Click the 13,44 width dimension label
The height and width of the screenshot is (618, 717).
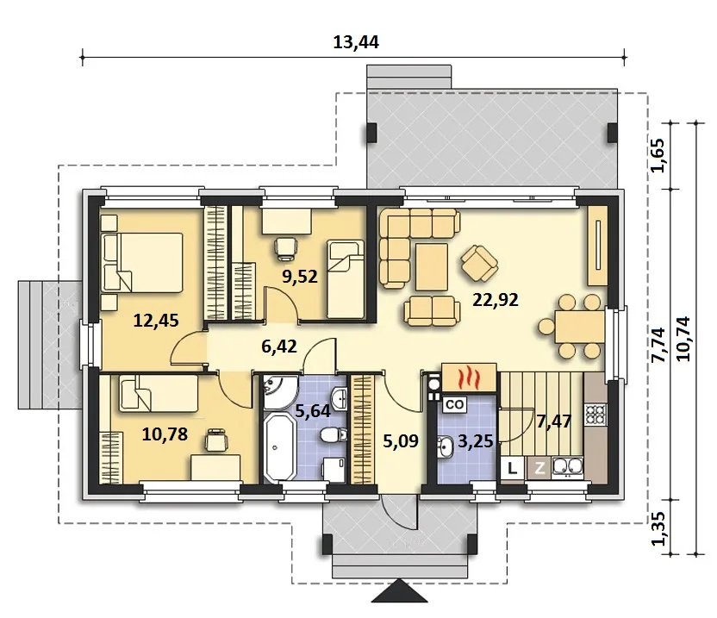(356, 42)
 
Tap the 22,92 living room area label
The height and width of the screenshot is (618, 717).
(496, 300)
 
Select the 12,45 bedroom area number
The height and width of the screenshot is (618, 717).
(156, 321)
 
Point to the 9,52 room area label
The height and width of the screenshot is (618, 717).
(300, 277)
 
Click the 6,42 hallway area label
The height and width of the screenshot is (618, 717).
(279, 346)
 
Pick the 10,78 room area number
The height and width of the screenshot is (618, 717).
(165, 434)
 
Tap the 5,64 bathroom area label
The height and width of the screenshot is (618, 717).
(313, 411)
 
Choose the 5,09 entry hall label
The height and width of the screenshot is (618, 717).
(401, 441)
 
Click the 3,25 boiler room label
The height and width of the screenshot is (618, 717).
(475, 441)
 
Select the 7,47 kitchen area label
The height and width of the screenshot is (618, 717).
(554, 421)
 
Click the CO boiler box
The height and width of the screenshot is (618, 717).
(454, 404)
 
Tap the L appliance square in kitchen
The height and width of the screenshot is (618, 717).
(513, 468)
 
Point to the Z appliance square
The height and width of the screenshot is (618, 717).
(539, 468)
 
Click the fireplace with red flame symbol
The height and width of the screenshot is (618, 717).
(469, 378)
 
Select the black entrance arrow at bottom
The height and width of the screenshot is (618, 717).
(399, 591)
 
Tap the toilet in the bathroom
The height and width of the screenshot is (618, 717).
(334, 434)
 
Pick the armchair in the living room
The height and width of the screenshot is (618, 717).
(479, 263)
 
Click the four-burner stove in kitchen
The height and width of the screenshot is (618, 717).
(595, 415)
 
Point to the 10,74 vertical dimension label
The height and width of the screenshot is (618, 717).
(684, 339)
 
